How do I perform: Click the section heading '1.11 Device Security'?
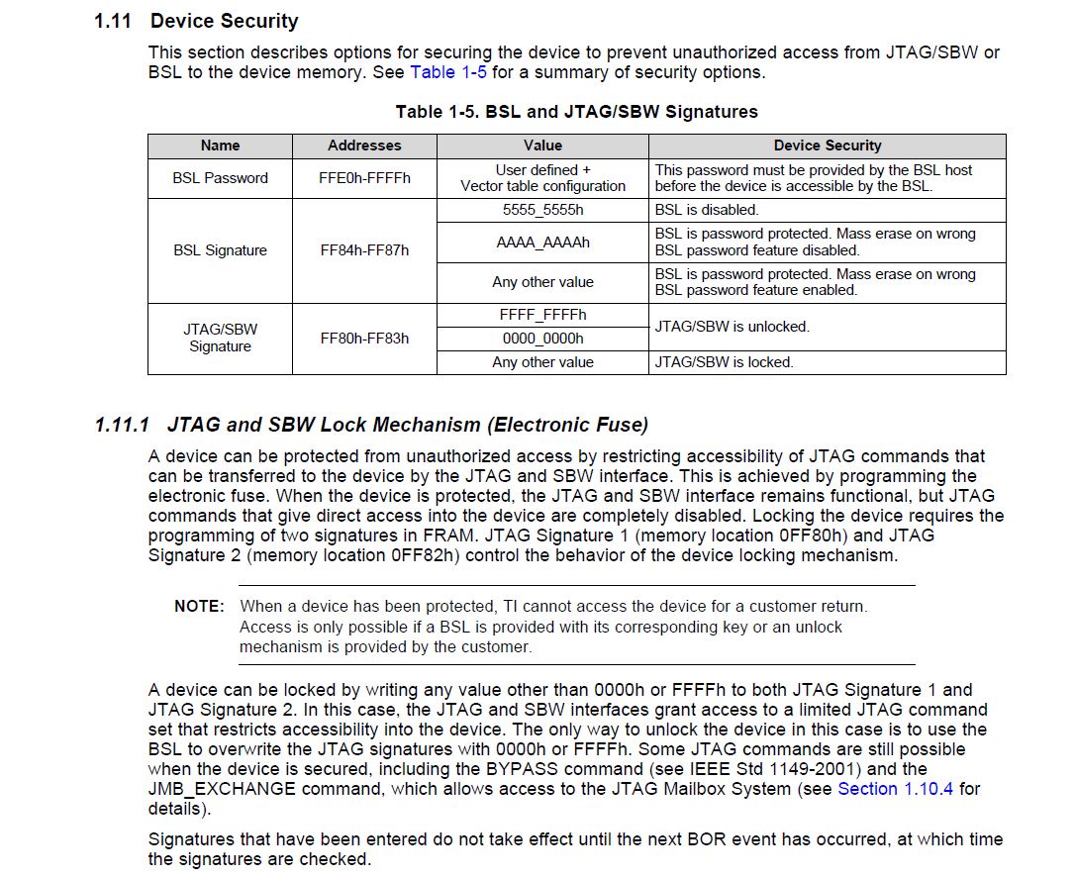(x=196, y=21)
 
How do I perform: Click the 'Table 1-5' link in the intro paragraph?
(x=448, y=72)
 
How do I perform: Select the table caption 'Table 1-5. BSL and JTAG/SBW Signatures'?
(x=576, y=112)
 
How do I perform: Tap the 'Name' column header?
(x=220, y=146)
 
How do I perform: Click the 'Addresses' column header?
(x=364, y=146)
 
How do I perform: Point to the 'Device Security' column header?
(x=827, y=146)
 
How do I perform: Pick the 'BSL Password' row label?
(x=220, y=178)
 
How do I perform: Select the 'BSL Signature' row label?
(x=220, y=250)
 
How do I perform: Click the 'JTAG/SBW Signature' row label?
(x=220, y=338)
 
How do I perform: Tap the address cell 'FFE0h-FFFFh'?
(x=364, y=178)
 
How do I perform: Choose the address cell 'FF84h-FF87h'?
(x=364, y=250)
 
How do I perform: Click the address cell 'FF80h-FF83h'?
(x=364, y=338)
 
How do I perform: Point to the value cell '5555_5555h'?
(x=542, y=210)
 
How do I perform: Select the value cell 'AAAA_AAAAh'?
(x=542, y=243)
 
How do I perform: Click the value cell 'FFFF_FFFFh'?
(x=542, y=315)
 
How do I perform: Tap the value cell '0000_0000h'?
(x=542, y=339)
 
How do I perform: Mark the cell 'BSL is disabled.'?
(x=707, y=210)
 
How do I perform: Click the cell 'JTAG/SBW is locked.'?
(x=724, y=362)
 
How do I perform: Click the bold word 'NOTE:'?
(x=199, y=606)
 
